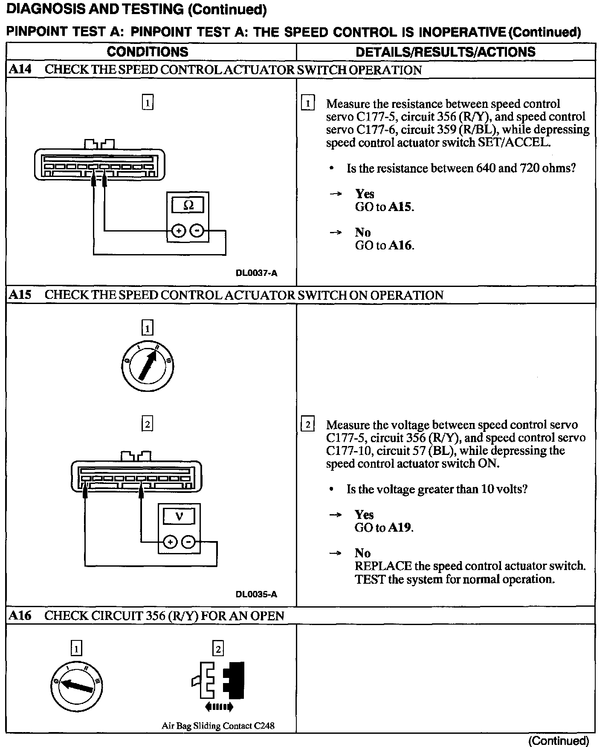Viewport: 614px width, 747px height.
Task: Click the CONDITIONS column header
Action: coord(148,52)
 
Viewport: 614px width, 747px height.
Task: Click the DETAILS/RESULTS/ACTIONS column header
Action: coord(446,52)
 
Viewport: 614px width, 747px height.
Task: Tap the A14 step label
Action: coord(20,69)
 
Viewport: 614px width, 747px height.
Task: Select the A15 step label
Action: coord(20,295)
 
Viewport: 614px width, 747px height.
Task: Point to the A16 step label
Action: coord(20,615)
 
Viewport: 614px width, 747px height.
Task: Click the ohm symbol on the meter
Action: coord(188,205)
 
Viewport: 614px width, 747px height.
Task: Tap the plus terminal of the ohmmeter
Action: coord(178,231)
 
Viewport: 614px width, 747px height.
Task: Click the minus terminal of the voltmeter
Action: coord(188,542)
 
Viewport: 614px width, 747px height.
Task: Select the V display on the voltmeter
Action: coord(179,516)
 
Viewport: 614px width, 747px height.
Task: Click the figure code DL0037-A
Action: coord(256,273)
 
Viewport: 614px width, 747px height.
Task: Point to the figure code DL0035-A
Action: coord(256,594)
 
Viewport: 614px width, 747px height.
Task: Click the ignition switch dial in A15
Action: coord(148,367)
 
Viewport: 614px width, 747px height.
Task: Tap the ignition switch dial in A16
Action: coord(76,686)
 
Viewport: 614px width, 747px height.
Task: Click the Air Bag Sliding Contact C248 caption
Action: coord(218,726)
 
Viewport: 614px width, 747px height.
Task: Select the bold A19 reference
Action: coord(400,528)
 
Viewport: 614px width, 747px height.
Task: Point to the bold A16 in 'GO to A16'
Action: coord(401,246)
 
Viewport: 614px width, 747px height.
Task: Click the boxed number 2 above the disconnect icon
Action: coord(218,649)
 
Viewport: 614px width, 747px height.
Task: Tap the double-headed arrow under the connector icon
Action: coord(219,707)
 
